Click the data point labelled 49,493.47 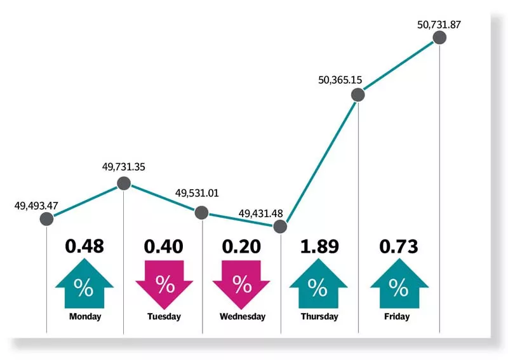[x=46, y=219]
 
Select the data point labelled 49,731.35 [x=123, y=184]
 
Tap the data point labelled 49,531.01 [x=201, y=213]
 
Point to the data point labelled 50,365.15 [x=358, y=95]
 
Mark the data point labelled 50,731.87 [x=439, y=38]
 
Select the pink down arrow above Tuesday [x=164, y=284]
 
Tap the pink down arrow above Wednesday [x=242, y=284]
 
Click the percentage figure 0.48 [x=84, y=246]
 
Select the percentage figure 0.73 [x=399, y=246]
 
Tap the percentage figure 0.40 [x=164, y=246]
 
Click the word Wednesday [x=242, y=316]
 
